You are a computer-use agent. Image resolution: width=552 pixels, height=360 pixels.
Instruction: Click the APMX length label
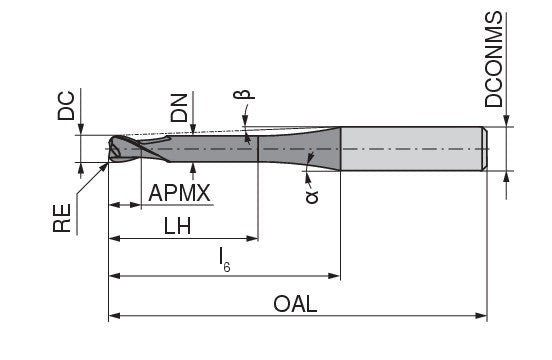coord(180,193)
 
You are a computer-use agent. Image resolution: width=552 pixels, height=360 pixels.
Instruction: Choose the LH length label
coord(179,226)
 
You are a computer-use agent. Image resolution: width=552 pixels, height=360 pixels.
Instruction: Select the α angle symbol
coord(312,197)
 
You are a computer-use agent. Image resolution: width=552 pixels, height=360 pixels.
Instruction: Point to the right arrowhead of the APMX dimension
coord(140,205)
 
